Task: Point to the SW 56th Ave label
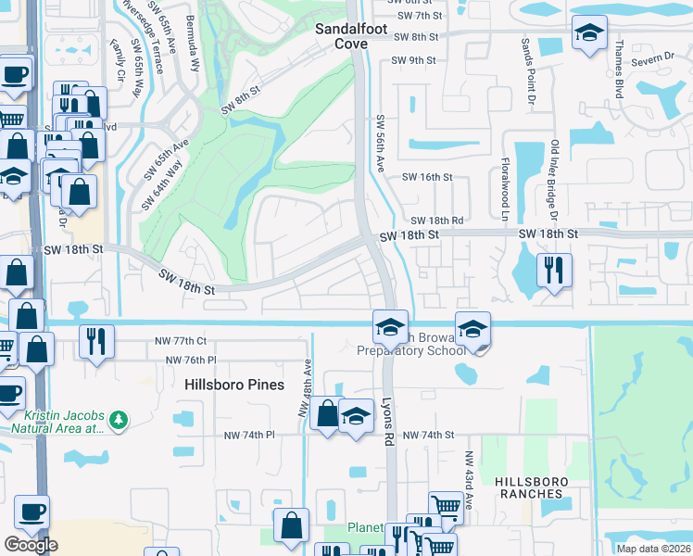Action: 380,143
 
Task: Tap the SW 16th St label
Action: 426,177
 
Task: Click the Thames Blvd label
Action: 617,75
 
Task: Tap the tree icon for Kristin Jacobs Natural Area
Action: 118,421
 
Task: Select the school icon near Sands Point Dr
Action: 588,33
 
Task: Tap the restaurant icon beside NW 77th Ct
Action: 96,341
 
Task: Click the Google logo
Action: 31,545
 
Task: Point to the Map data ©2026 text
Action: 652,549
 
